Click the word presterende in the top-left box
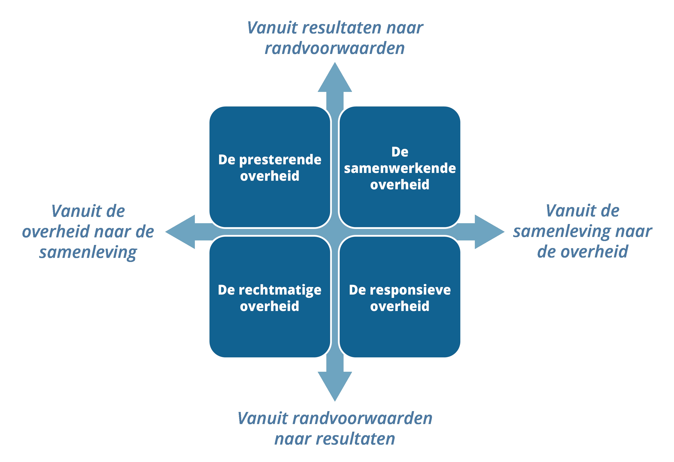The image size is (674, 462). (280, 160)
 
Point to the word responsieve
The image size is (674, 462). (410, 290)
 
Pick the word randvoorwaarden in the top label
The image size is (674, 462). (335, 48)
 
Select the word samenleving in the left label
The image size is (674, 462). (88, 252)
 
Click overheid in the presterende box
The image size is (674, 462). (270, 176)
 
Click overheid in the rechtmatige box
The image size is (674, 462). (270, 306)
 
